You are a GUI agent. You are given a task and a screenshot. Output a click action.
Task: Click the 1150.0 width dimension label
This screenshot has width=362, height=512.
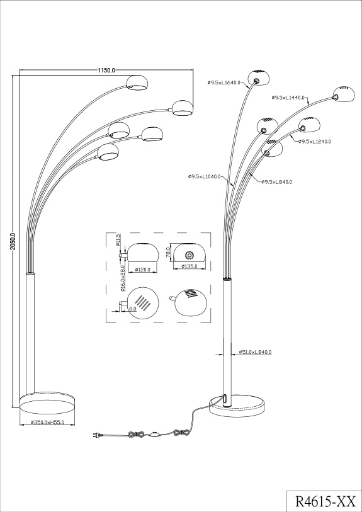pos(106,70)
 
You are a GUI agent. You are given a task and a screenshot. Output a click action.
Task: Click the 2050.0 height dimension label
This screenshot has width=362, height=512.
pos(13,242)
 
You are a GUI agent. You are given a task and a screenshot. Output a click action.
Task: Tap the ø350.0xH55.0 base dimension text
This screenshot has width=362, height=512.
pos(47,422)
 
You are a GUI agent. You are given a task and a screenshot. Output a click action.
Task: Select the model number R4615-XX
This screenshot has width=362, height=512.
pos(325,500)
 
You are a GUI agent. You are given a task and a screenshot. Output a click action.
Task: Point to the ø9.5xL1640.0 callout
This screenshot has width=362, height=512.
pos(224,82)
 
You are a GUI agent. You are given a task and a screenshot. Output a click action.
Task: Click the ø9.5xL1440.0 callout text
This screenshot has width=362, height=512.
pos(288,98)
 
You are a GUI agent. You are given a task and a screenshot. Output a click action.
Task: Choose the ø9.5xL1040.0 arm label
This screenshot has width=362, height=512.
pos(205,177)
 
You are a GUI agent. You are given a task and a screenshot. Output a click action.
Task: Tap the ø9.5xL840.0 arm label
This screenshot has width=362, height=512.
pos(277,182)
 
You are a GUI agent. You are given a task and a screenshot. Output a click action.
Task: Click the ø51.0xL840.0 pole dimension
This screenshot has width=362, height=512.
pos(255,352)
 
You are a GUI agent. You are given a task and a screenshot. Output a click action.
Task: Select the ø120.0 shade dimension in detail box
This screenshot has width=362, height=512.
pos(142,270)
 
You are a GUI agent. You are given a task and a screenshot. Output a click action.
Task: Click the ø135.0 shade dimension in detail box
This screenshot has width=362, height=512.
pos(189,266)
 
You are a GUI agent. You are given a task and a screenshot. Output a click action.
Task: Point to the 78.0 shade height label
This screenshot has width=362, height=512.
pos(169,253)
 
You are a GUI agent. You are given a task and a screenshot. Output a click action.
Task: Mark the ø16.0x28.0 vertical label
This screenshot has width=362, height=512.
pos(123,278)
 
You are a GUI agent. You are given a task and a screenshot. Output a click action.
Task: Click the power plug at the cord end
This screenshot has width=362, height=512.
pos(96,435)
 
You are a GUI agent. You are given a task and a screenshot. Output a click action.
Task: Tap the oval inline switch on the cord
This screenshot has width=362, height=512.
pos(155,435)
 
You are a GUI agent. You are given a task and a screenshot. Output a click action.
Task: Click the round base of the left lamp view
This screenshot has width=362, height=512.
pos(47,403)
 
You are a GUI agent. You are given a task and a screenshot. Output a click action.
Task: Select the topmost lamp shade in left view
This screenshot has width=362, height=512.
pos(137,82)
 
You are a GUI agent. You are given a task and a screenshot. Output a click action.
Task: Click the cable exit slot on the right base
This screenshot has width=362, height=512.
pos(225,399)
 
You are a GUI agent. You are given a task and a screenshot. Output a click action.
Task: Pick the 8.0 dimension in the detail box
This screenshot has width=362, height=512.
pos(132,308)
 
